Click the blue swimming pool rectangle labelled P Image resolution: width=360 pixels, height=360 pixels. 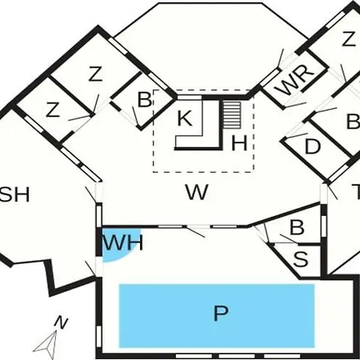[217, 316]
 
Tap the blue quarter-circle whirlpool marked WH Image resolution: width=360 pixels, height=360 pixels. [118, 244]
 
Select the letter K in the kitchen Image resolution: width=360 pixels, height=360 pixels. [185, 118]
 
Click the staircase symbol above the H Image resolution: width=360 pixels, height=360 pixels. [232, 115]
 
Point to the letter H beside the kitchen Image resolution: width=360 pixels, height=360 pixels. [239, 143]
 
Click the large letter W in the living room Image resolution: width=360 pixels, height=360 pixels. [197, 192]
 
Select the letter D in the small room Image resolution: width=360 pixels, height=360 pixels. [312, 146]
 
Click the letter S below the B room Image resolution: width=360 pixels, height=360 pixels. [301, 258]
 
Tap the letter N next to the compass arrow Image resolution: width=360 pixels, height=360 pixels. [61, 323]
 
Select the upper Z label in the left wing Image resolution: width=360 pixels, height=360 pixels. [95, 74]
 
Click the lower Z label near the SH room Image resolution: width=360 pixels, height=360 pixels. [53, 110]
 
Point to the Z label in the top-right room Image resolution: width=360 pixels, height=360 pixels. [349, 39]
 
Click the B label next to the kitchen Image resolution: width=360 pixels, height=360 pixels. [144, 99]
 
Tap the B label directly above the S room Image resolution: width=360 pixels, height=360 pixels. [297, 227]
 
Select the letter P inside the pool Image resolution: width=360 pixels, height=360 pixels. [221, 314]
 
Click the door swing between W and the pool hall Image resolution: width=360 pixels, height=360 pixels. [195, 231]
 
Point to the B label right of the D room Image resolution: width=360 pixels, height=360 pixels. [354, 121]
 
